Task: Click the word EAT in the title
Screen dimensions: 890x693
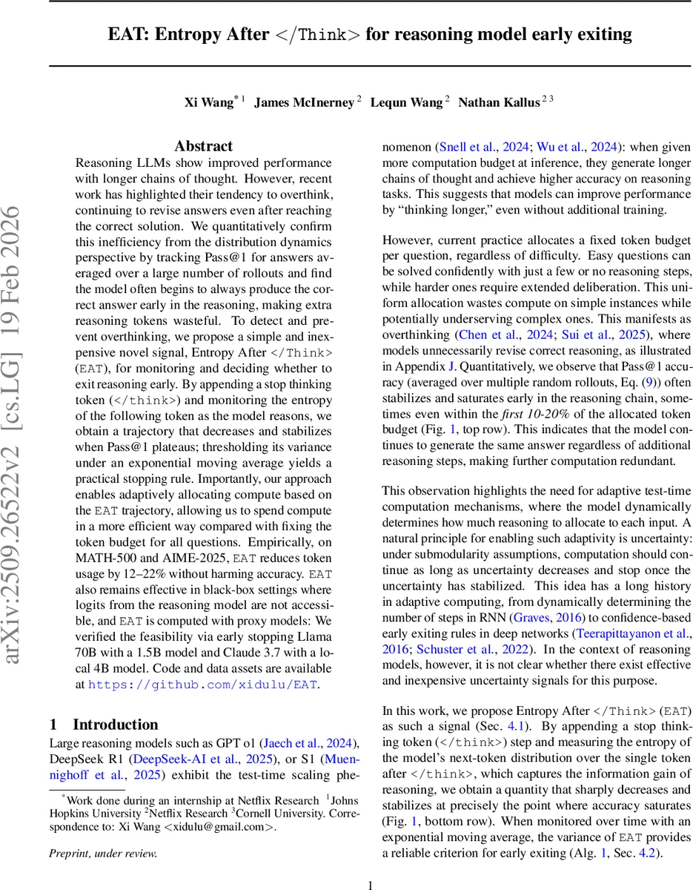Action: click(x=128, y=34)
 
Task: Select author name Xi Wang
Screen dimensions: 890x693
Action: click(x=208, y=102)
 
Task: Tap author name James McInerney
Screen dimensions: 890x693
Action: click(x=304, y=102)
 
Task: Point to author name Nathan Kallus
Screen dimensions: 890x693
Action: click(x=498, y=102)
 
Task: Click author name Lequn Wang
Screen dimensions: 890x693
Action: click(x=405, y=102)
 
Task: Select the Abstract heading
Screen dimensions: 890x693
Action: click(x=203, y=146)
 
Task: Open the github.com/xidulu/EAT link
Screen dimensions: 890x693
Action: click(x=202, y=685)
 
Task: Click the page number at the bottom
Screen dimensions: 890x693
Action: click(x=371, y=884)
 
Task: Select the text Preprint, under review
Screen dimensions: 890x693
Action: click(x=103, y=854)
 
